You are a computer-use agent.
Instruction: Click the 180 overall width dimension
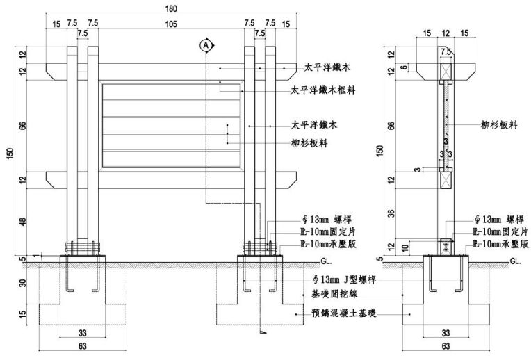[x=172, y=9]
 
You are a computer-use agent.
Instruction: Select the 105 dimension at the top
[x=172, y=24]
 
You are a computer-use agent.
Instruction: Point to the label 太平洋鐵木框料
[x=324, y=90]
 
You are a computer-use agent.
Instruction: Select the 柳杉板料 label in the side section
[x=500, y=125]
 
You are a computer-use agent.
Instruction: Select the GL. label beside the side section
[x=515, y=262]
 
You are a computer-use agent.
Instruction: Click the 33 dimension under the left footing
[x=83, y=332]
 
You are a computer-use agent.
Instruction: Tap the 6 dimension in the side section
[x=405, y=67]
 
